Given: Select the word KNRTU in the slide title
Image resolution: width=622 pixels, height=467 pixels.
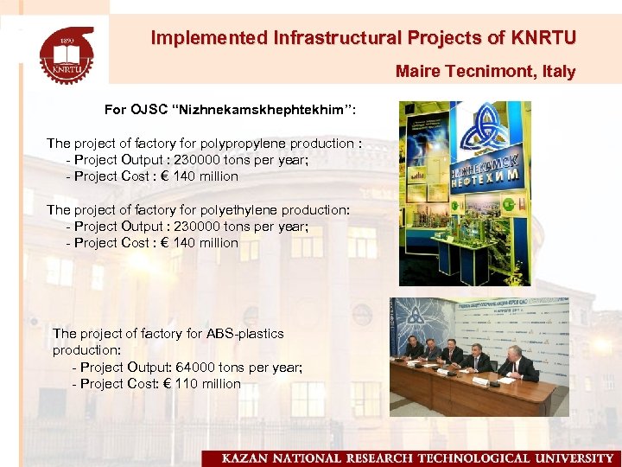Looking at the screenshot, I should coord(543,38).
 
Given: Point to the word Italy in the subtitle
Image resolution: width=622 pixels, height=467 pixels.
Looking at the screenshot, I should coord(558,72).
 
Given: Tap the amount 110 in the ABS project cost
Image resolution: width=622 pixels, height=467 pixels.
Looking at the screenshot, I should coord(186,383).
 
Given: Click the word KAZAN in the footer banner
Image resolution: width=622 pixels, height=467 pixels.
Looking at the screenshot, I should coord(247,457).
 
